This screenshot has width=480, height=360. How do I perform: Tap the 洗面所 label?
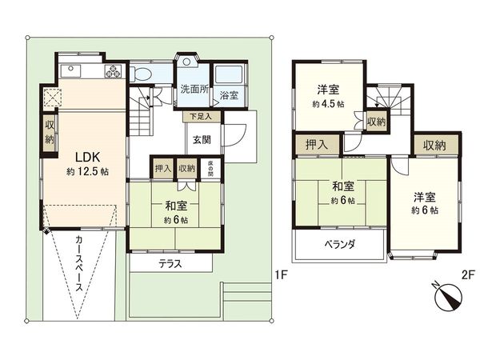pyautogui.click(x=194, y=89)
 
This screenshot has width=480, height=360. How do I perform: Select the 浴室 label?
pyautogui.click(x=230, y=90)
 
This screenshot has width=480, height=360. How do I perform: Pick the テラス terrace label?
pyautogui.click(x=170, y=263)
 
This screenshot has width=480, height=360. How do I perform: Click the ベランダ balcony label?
pyautogui.click(x=340, y=244)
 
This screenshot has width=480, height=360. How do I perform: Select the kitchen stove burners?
pyautogui.click(x=112, y=71)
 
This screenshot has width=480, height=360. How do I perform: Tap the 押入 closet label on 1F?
pyautogui.click(x=163, y=168)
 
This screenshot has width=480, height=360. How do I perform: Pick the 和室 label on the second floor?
pyautogui.click(x=344, y=187)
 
